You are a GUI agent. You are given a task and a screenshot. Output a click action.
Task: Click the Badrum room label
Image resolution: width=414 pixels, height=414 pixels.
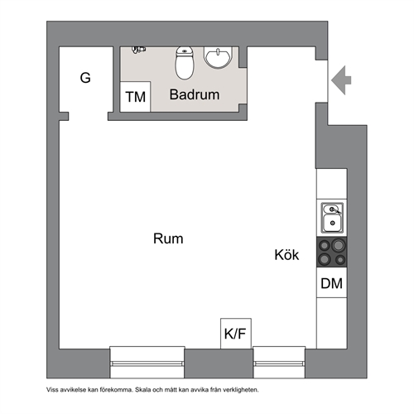(x=195, y=94)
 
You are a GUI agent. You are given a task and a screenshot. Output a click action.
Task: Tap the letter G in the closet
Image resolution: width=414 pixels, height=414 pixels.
(x=85, y=78)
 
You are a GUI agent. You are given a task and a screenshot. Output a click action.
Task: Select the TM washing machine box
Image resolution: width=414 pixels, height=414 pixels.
(x=135, y=97)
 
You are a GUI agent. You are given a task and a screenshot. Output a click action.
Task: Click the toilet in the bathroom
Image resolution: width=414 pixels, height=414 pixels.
(x=185, y=63)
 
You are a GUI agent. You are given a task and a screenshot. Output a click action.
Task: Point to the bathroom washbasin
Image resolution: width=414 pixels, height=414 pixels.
(x=218, y=57)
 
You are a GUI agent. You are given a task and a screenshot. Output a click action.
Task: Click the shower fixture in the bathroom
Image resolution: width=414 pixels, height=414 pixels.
(x=138, y=50)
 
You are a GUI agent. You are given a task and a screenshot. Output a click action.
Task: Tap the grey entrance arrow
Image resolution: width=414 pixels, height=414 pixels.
(x=341, y=80)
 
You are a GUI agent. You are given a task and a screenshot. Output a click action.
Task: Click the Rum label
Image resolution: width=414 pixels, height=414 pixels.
(x=168, y=238)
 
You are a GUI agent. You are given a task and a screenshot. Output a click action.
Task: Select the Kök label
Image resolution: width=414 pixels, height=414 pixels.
(x=286, y=254)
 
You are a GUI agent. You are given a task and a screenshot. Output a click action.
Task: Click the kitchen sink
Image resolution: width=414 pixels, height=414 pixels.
(x=332, y=218)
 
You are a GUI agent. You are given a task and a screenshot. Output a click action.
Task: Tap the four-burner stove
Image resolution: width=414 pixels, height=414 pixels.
(x=332, y=252)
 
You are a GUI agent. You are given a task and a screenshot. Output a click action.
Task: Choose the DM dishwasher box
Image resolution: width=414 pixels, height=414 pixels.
(x=332, y=283)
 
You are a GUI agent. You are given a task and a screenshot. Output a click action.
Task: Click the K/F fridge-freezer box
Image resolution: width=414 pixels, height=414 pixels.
(x=236, y=334)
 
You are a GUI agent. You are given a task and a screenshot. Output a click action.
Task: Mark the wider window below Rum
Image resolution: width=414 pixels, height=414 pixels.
(x=147, y=363)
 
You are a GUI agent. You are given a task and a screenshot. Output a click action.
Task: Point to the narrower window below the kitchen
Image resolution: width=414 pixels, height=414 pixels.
(x=279, y=363)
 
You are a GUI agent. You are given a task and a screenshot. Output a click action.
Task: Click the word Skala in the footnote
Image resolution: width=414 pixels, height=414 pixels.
(x=142, y=390)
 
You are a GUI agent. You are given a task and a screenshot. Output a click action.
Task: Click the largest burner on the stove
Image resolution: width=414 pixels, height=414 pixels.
(x=339, y=245)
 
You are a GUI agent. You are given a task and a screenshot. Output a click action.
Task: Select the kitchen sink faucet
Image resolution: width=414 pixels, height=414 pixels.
(x=335, y=211)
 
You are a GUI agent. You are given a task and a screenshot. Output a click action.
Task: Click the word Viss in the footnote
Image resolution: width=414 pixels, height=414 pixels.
(x=51, y=390)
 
